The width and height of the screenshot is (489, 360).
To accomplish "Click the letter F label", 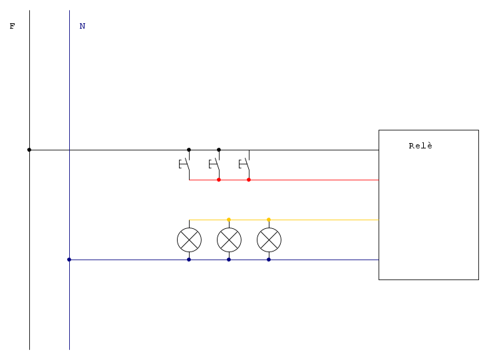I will [12, 27].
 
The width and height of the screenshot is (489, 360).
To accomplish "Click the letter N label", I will [82, 27].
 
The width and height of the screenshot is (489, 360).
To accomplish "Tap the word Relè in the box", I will [420, 146].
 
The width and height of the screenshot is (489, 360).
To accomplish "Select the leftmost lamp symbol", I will [189, 240].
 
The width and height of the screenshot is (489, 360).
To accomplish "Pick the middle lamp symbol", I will [229, 240].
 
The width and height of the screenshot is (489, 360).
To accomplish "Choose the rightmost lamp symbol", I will [269, 240].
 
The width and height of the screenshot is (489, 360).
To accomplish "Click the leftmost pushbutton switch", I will [185, 164].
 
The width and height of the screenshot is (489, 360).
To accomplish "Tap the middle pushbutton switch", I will [215, 164].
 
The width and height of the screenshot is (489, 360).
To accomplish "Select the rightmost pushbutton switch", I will [245, 164].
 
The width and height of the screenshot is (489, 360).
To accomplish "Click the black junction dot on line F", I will [29, 150].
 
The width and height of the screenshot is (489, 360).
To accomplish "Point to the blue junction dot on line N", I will [69, 260].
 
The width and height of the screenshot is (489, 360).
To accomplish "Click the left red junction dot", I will [219, 180].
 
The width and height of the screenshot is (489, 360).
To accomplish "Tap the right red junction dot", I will [249, 180].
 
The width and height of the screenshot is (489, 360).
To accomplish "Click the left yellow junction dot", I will [229, 220].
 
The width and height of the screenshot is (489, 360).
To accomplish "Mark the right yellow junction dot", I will [269, 220].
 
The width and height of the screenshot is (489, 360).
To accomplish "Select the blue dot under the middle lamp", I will [229, 260].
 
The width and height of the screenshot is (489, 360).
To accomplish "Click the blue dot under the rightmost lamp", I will [269, 260].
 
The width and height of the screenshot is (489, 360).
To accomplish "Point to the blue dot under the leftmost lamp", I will [189, 260].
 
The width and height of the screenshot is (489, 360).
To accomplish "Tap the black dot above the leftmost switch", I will [189, 150].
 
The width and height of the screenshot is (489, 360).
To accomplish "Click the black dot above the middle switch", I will [219, 150].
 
